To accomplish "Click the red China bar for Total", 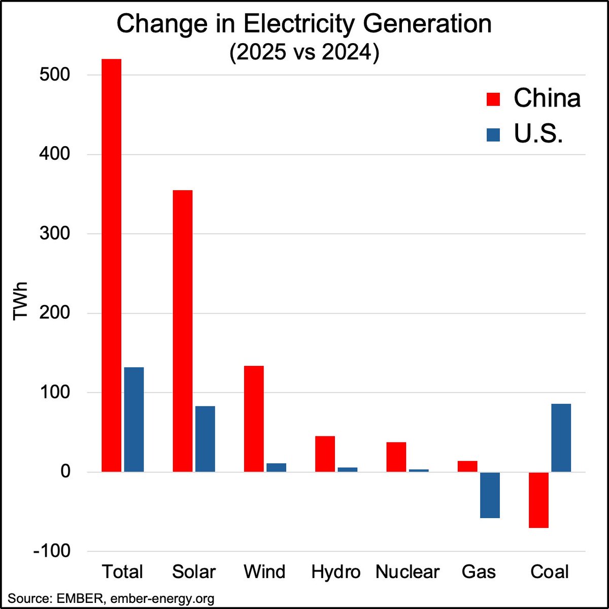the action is pyautogui.click(x=111, y=265).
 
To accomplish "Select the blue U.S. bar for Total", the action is pyautogui.click(x=134, y=419).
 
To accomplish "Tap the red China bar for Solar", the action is pyautogui.click(x=183, y=331).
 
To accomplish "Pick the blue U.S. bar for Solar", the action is pyautogui.click(x=205, y=439).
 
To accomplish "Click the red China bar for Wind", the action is pyautogui.click(x=254, y=419).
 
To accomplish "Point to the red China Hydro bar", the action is pyautogui.click(x=325, y=454).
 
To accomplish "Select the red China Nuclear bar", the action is pyautogui.click(x=396, y=457).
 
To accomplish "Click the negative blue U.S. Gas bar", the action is pyautogui.click(x=490, y=495).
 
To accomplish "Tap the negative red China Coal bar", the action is pyautogui.click(x=538, y=500).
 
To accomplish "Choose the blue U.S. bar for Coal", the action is pyautogui.click(x=561, y=437).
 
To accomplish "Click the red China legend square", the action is pyautogui.click(x=493, y=99).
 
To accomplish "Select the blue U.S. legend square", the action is pyautogui.click(x=493, y=135).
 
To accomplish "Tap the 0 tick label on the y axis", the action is pyautogui.click(x=65, y=471).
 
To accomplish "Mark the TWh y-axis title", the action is pyautogui.click(x=20, y=301).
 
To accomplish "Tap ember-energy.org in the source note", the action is pyautogui.click(x=162, y=598).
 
